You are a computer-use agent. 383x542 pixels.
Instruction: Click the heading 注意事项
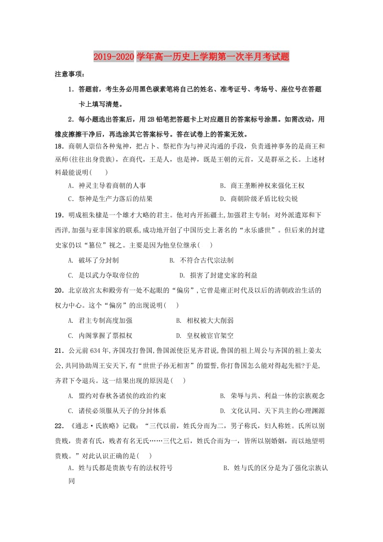pos(69,75)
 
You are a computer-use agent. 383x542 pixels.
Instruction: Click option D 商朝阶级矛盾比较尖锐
pos(259,199)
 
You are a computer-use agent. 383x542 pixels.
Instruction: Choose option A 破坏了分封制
pos(93,260)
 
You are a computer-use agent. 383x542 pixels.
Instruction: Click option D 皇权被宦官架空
pos(205,336)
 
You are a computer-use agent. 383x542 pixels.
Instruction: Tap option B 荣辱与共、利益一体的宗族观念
pos(272,396)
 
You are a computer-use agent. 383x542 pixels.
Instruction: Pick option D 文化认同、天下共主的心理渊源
pos(272,411)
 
